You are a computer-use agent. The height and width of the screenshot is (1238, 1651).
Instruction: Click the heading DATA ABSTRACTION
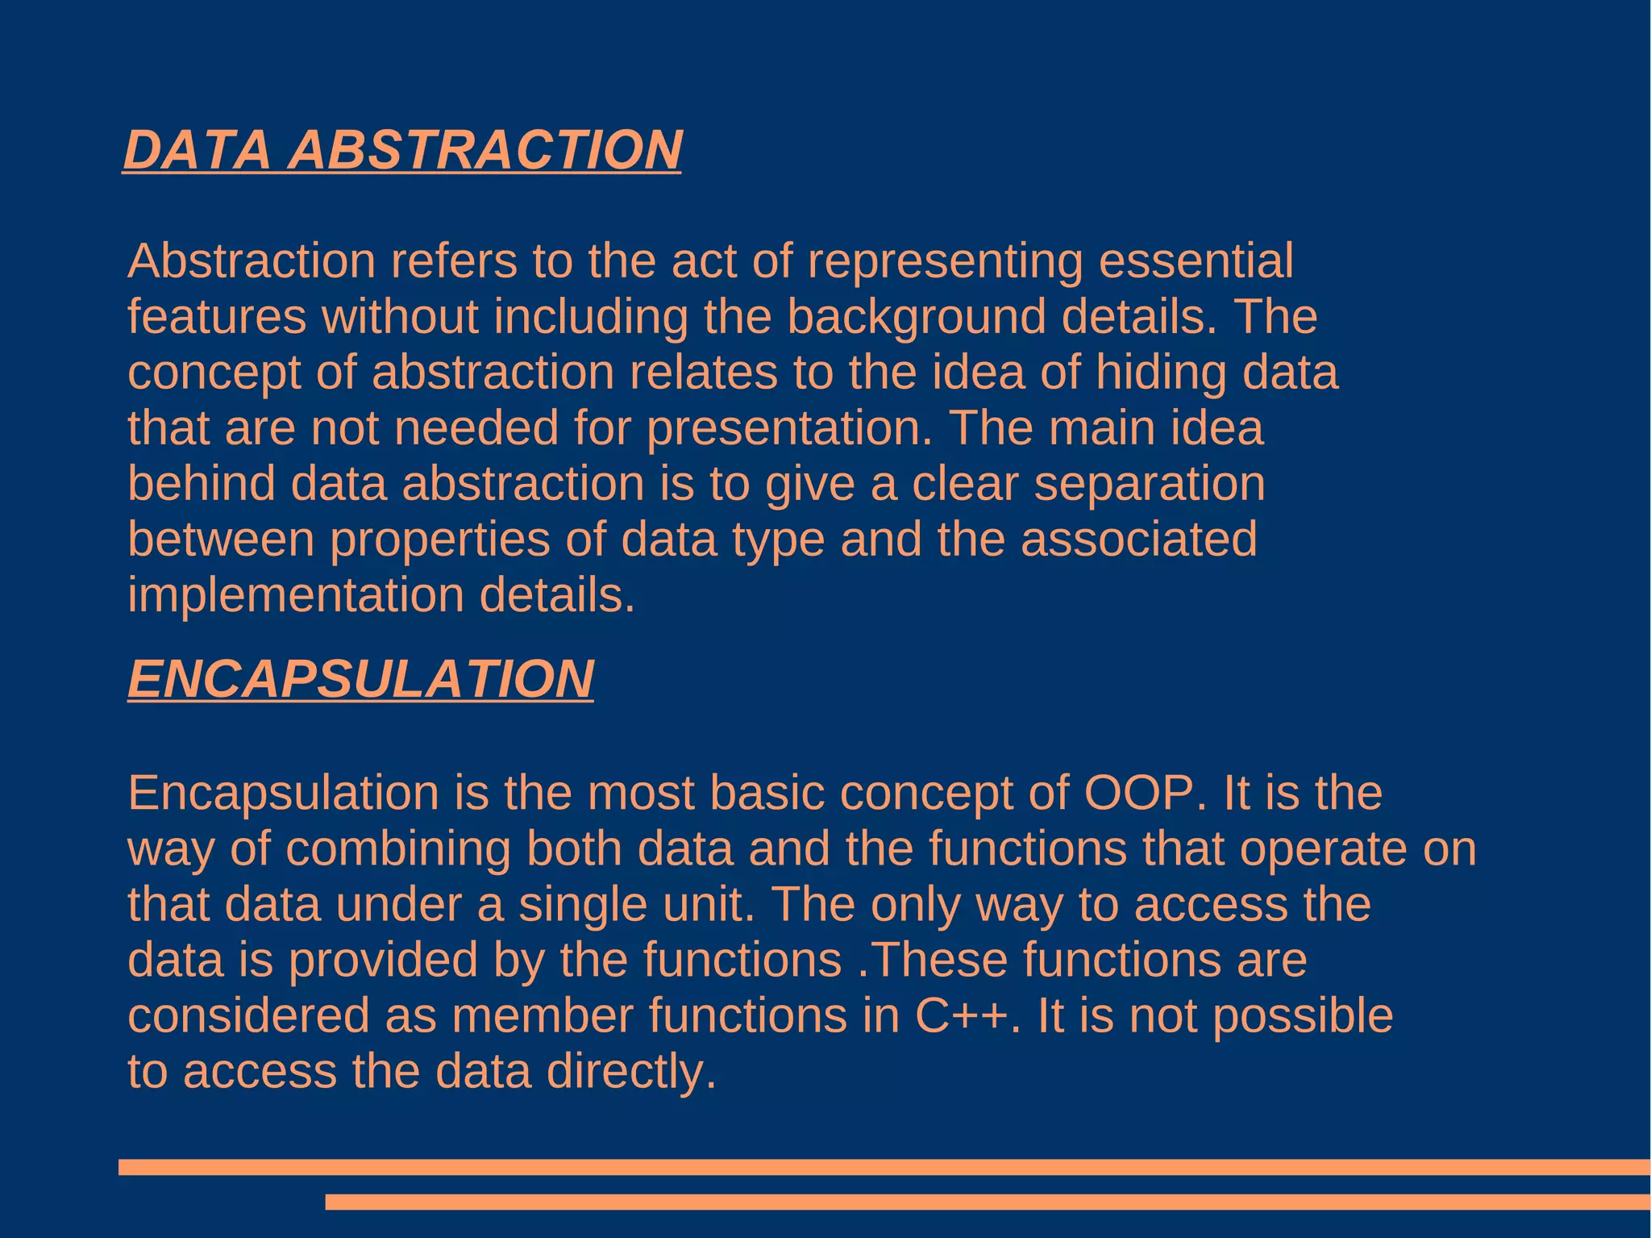(403, 150)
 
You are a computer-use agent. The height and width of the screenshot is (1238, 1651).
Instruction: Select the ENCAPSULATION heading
(360, 678)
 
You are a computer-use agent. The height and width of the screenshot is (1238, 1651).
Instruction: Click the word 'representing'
(945, 261)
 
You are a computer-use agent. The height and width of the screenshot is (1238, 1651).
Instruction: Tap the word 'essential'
(1196, 261)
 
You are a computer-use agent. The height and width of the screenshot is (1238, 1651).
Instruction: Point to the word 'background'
(916, 317)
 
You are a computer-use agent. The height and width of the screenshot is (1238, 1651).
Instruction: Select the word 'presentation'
(788, 428)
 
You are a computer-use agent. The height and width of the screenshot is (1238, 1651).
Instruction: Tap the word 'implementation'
(296, 595)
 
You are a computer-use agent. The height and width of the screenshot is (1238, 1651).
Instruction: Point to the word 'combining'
(398, 849)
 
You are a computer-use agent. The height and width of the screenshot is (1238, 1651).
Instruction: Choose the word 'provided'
(383, 961)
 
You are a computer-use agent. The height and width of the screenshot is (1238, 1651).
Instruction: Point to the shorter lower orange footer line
(988, 1203)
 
